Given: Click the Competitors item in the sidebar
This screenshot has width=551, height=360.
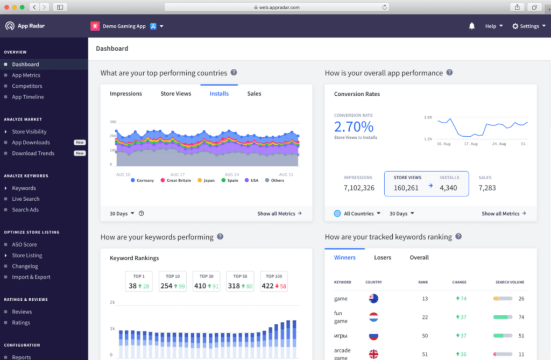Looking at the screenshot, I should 27,86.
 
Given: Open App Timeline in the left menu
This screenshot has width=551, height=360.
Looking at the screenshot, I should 28,97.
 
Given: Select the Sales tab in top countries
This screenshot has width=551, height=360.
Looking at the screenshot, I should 254,94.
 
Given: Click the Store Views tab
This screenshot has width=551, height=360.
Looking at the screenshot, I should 175,94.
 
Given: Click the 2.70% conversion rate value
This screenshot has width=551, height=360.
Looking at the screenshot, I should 354,127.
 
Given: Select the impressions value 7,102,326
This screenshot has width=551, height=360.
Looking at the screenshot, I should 359,188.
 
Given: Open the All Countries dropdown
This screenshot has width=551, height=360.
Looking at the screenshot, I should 358,214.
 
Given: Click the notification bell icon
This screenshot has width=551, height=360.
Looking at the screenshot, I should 472,26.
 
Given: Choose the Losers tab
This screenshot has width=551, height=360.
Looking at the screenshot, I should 383,258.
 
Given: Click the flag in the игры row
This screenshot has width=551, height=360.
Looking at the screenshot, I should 373,336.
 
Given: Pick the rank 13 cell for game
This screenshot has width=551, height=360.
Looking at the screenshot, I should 425,299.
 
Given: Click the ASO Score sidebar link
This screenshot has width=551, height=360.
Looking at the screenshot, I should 24,245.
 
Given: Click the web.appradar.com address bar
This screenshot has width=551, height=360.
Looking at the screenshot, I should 276,7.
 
